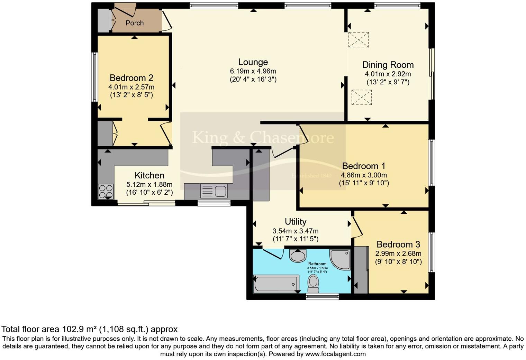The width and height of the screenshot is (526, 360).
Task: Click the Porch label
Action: click(135, 23)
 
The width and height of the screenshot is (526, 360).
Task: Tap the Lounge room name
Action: click(253, 62)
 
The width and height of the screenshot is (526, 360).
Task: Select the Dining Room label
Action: click(388, 65)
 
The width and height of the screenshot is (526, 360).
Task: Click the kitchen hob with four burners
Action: click(106, 192)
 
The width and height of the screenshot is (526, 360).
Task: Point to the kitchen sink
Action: click(214, 191)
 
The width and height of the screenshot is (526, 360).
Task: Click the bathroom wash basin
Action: click(298, 255)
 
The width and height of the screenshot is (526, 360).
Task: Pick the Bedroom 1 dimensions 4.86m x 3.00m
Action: click(364, 175)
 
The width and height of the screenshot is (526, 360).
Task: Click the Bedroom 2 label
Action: click(131, 78)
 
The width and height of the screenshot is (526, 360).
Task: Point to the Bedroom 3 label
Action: click(398, 244)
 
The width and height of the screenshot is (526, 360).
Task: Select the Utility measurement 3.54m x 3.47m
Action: click(296, 231)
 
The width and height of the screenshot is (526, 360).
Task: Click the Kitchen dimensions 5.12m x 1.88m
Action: click(149, 185)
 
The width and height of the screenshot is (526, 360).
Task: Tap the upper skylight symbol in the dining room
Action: click(359, 40)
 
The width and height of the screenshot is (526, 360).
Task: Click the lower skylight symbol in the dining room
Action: click(361, 97)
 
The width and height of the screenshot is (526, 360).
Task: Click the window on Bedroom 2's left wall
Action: click(94, 77)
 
